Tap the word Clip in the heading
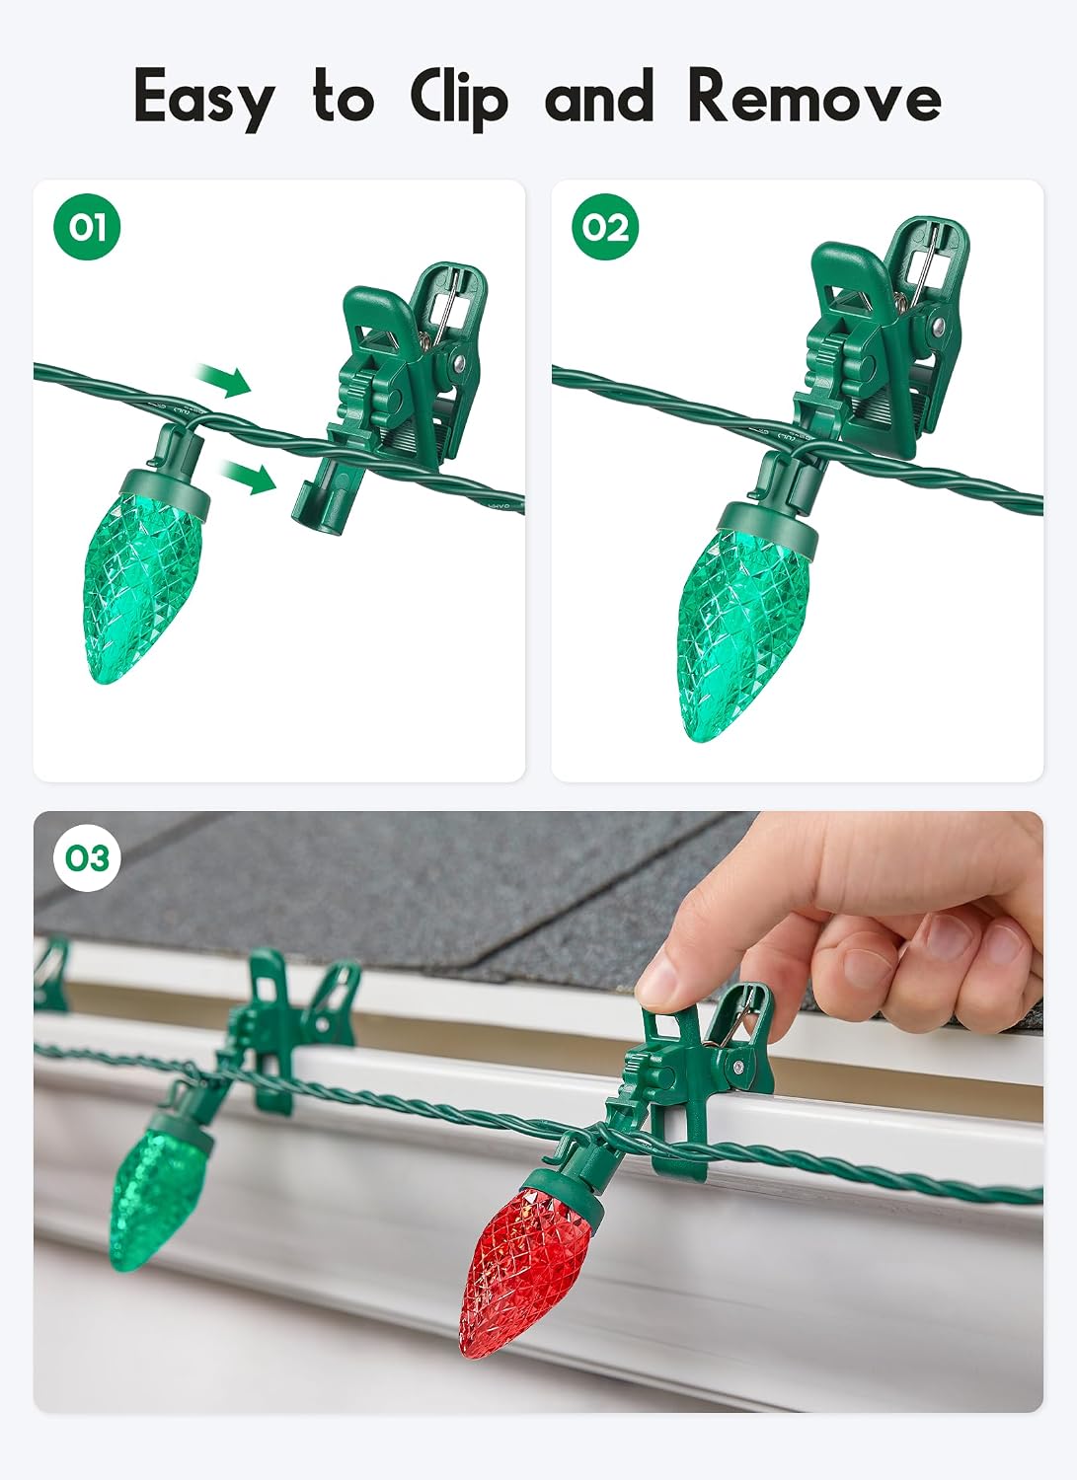(x=459, y=99)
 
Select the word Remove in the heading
(x=814, y=96)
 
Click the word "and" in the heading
(x=599, y=97)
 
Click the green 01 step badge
(x=87, y=227)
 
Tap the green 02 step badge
(x=605, y=227)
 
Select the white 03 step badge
(x=87, y=858)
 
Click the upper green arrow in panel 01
(x=223, y=381)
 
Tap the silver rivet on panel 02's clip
(x=938, y=325)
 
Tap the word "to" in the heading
(x=344, y=99)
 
